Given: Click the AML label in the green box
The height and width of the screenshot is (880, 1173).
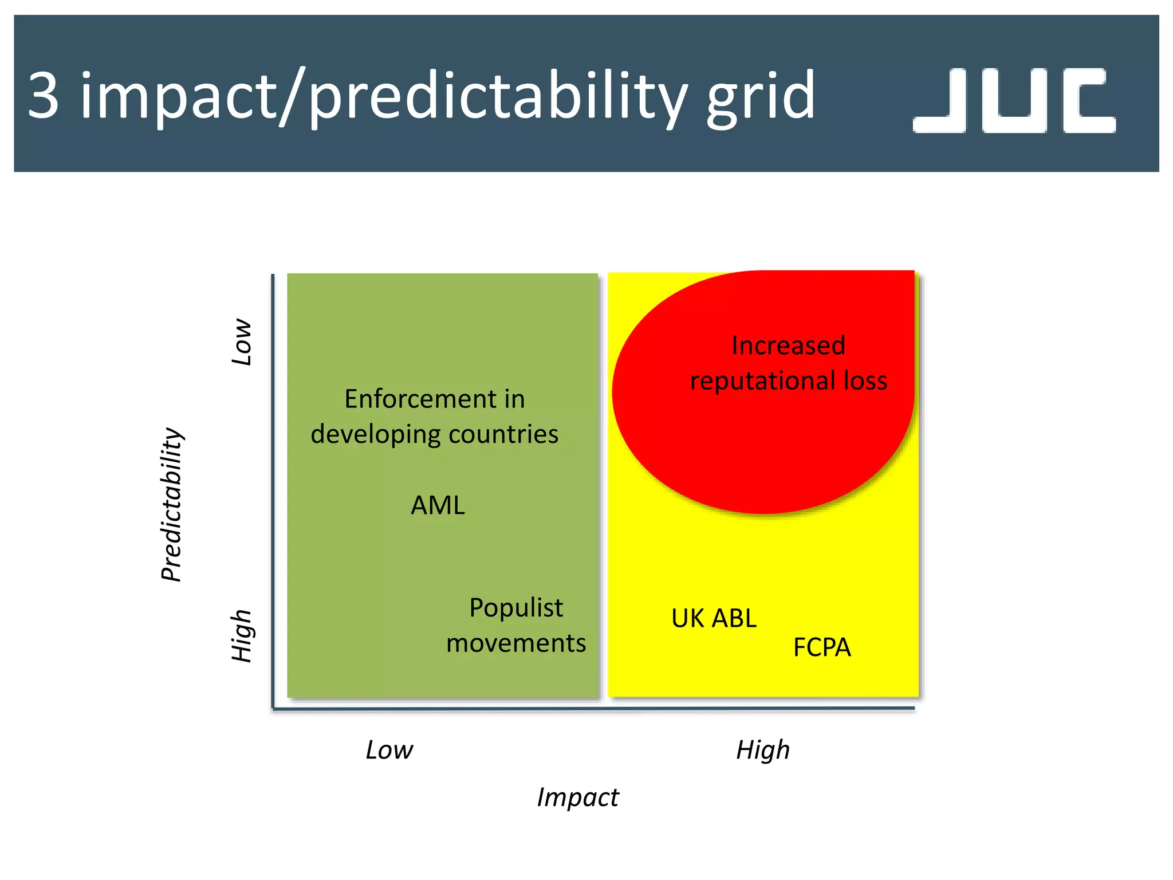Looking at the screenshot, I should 438,505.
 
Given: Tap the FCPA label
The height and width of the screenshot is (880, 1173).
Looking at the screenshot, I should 821,648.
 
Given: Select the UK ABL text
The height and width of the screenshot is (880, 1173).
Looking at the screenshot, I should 714,619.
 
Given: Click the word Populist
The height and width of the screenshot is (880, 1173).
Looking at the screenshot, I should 516,608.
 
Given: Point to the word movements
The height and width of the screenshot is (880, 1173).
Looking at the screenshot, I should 516,643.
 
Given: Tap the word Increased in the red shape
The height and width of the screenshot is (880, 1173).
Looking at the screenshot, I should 788,345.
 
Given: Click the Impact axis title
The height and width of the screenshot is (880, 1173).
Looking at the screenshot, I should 577,797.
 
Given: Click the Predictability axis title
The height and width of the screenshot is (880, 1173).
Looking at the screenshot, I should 171,504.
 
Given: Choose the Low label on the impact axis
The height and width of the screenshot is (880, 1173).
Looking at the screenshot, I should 389,750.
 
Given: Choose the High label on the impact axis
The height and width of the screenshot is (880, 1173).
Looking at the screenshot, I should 762,750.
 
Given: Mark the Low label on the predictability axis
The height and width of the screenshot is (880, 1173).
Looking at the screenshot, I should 242,342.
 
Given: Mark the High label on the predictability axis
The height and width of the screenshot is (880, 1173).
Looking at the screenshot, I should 242,636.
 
